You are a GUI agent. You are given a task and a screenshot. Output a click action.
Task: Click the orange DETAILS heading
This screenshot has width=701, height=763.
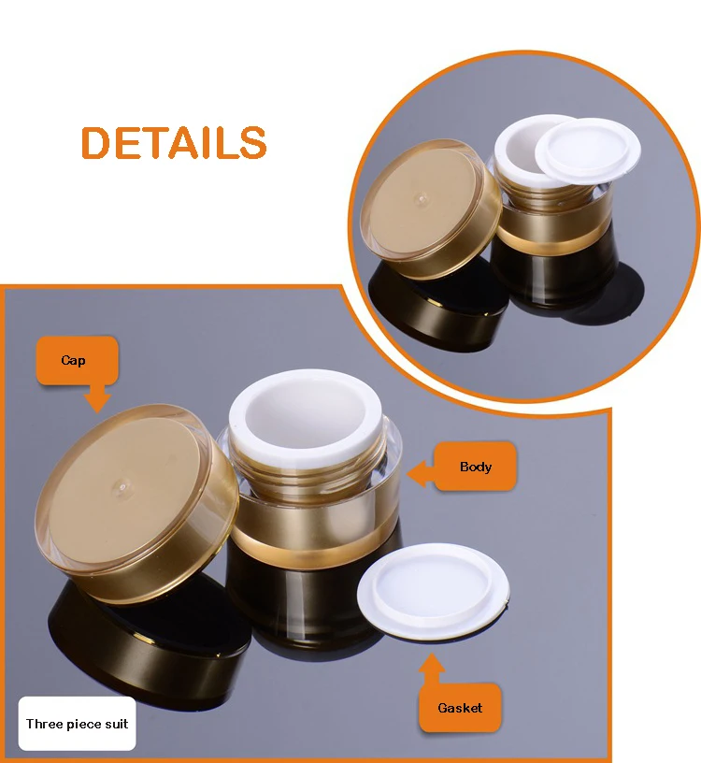click(174, 142)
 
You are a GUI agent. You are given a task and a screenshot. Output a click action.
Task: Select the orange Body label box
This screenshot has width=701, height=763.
click(476, 467)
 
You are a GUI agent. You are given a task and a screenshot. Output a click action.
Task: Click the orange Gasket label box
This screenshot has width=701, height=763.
click(460, 708)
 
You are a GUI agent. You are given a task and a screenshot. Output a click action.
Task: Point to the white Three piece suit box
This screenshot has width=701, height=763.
click(77, 724)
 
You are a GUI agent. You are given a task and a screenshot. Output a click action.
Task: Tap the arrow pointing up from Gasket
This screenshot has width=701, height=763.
click(431, 666)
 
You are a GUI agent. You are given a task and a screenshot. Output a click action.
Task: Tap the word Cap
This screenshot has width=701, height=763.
click(73, 360)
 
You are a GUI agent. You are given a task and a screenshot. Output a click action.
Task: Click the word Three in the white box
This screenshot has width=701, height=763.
click(43, 724)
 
